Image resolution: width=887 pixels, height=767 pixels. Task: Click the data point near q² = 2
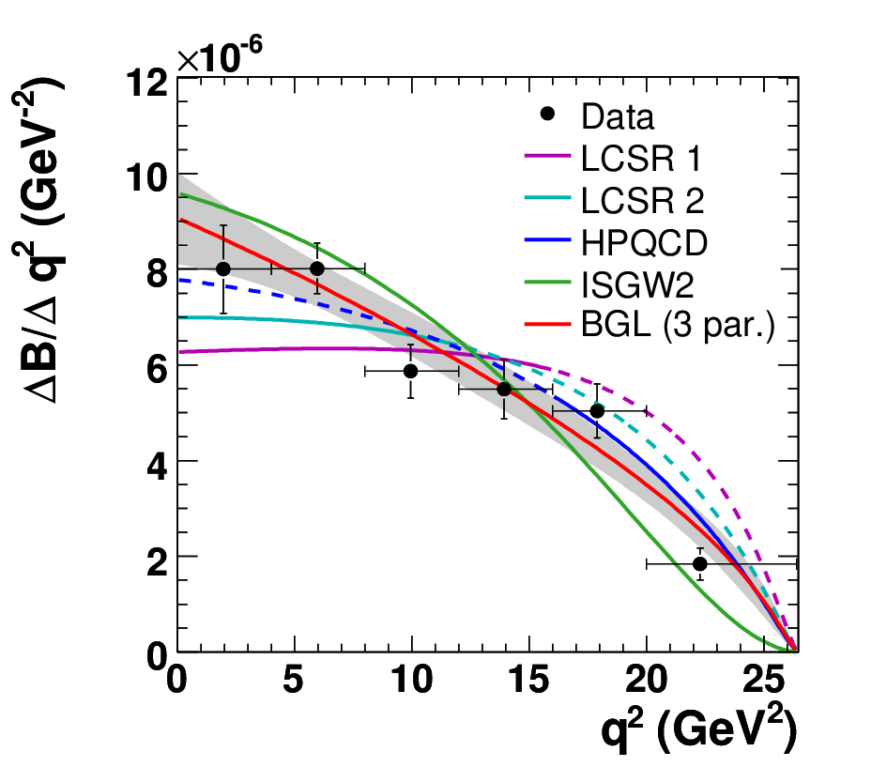[x=223, y=268]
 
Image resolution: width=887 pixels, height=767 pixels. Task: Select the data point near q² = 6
[x=317, y=268]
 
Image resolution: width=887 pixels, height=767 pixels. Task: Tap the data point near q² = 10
[x=411, y=371]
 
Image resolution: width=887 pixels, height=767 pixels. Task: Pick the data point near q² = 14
[x=504, y=390]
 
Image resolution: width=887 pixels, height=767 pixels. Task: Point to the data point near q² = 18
[x=597, y=411]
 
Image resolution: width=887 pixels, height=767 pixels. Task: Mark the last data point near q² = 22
[x=700, y=564]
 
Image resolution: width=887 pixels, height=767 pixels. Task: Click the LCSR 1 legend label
[x=641, y=158]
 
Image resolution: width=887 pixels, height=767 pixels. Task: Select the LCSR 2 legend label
[x=643, y=200]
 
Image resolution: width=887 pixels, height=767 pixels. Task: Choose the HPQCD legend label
[x=644, y=243]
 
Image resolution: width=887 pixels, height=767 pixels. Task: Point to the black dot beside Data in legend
[x=547, y=114]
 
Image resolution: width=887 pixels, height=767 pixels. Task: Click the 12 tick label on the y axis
[x=147, y=84]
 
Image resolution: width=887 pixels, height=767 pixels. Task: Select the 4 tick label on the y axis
[x=157, y=467]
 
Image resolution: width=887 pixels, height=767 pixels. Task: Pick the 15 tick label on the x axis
[x=528, y=680]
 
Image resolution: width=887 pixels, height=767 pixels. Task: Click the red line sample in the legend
[x=547, y=324]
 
